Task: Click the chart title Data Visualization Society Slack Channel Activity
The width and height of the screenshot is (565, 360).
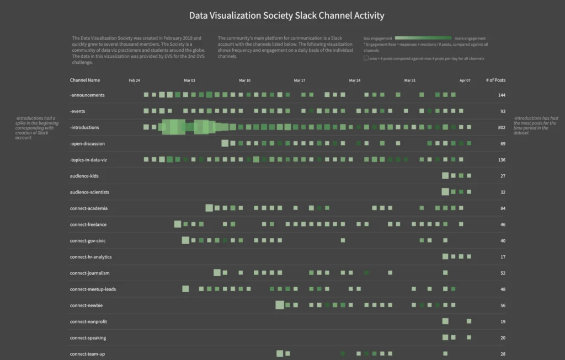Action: point(286,16)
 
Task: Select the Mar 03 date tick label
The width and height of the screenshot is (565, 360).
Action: point(189,80)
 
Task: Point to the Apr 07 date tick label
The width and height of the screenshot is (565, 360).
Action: point(465,80)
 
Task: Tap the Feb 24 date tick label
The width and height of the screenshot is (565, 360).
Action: point(134,80)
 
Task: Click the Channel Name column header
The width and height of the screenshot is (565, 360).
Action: point(85,80)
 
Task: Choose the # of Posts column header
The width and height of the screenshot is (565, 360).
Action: point(495,80)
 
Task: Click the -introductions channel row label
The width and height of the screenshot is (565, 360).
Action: point(84,127)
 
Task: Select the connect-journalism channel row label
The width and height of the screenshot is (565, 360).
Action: point(89,273)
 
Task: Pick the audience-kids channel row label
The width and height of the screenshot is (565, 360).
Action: point(84,176)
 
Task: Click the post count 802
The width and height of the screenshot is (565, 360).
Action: point(501,127)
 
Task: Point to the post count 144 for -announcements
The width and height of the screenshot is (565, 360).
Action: point(501,95)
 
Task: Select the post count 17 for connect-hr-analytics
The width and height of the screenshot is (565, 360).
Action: point(502,257)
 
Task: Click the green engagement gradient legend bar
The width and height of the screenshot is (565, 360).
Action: point(424,38)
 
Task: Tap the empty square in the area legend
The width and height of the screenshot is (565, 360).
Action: point(366,58)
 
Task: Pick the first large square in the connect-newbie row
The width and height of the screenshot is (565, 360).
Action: point(280,305)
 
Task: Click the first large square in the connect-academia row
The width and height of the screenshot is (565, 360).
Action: point(209,208)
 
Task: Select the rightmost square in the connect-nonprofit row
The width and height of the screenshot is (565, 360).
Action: point(469,321)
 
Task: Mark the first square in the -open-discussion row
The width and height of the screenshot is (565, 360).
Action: point(225,143)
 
